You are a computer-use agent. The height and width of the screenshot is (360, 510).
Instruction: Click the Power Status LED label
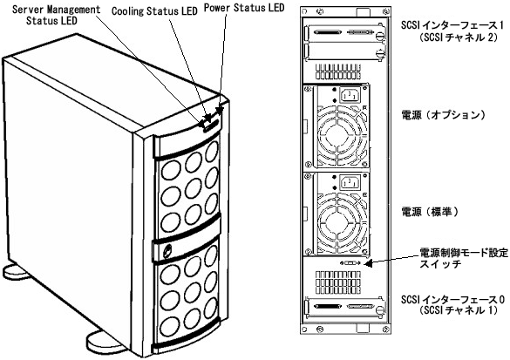tap(244, 7)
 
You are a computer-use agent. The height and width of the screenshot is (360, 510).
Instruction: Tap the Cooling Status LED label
tap(154, 11)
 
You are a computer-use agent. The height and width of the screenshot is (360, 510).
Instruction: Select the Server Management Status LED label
tap(56, 15)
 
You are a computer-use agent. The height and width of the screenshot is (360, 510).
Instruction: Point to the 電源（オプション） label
tap(445, 115)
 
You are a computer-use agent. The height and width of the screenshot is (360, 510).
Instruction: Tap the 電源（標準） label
tap(431, 212)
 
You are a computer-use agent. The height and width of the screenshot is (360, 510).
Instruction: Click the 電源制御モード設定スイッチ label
tap(464, 257)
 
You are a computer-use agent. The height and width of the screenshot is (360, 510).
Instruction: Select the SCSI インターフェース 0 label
tap(452, 304)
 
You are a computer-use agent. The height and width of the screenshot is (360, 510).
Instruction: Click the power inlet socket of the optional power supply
tap(350, 95)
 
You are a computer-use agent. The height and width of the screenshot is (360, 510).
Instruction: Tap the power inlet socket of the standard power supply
tap(350, 183)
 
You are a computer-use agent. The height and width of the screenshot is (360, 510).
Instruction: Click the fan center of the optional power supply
tap(338, 134)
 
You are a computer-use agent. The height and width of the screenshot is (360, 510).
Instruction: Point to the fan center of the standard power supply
tap(338, 223)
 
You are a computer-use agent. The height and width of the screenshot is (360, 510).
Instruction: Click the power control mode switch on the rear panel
tap(350, 262)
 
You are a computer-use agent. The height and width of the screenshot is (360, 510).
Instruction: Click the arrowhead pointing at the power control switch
tap(368, 262)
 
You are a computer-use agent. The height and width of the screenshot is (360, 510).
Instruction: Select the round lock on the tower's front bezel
tap(168, 251)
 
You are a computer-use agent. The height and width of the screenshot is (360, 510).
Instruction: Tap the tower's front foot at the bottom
tap(105, 342)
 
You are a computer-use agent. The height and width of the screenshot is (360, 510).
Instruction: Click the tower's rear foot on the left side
tap(16, 271)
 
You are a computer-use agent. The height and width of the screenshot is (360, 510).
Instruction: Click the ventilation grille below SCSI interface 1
tap(338, 71)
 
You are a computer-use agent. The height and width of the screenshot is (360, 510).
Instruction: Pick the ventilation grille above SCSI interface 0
tap(338, 282)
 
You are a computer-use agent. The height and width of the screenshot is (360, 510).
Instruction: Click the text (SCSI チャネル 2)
tap(459, 37)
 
